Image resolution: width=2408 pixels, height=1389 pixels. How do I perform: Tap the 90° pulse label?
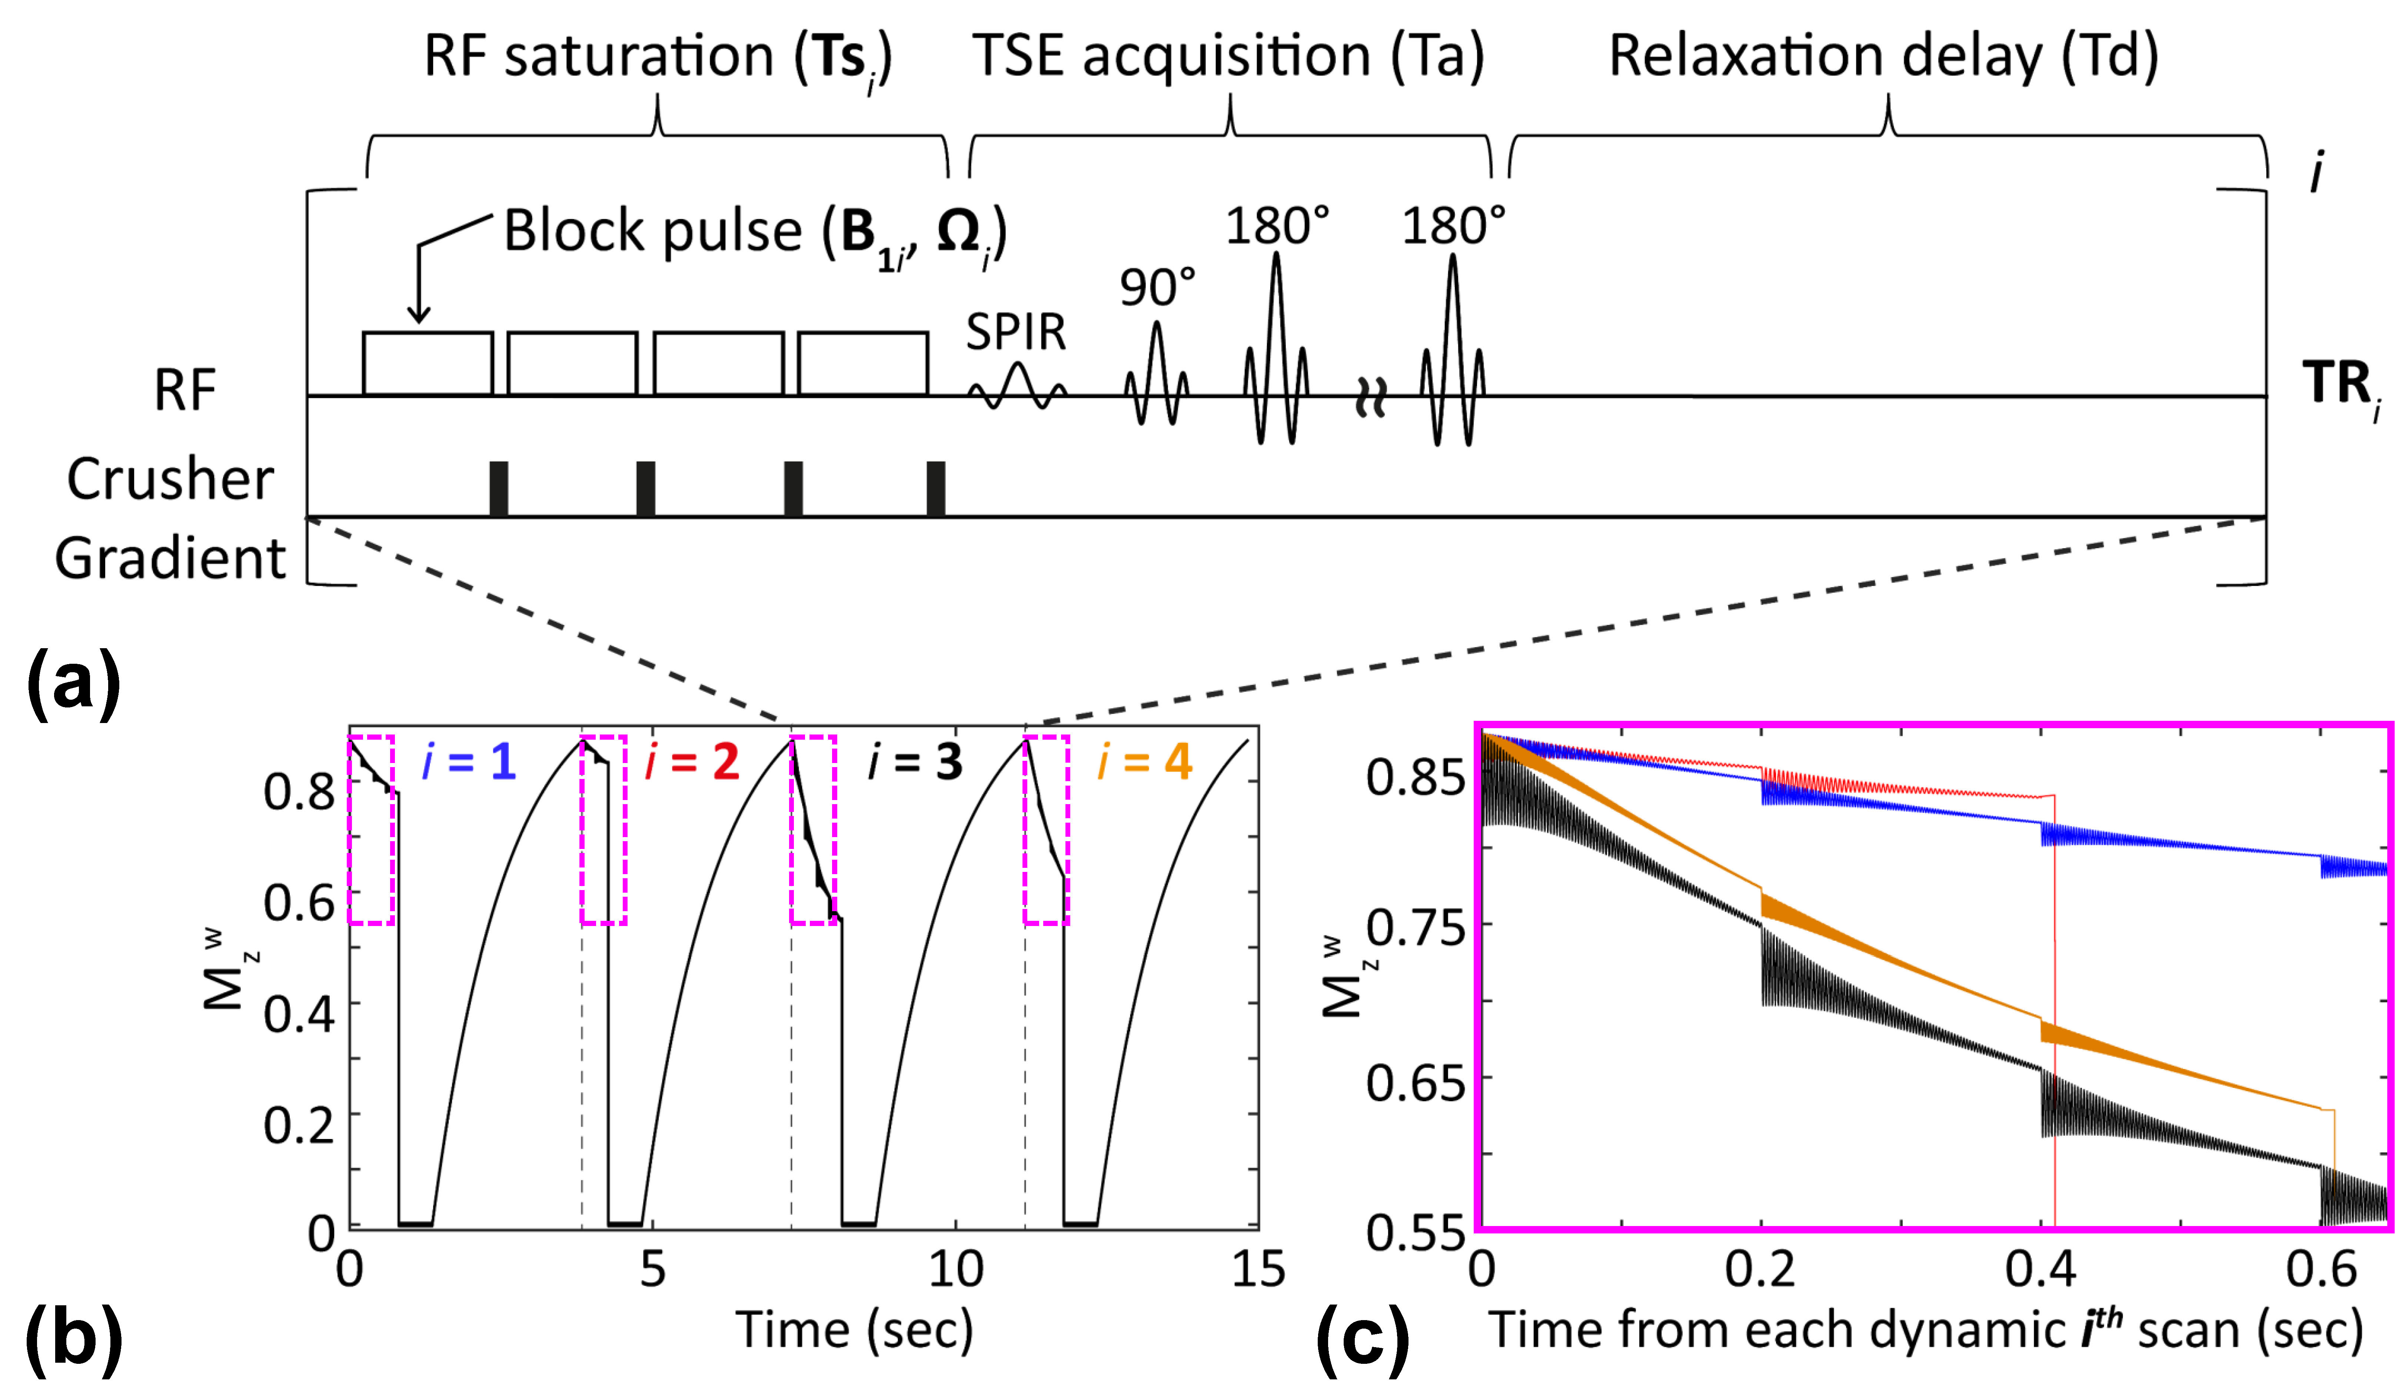(x=1157, y=286)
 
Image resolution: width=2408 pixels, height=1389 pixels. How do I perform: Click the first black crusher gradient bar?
(x=498, y=489)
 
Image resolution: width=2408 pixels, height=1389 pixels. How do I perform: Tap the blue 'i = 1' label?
(x=469, y=762)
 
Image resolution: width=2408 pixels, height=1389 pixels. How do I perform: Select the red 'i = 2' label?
(x=693, y=762)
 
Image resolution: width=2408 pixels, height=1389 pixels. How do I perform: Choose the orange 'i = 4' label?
(x=1145, y=762)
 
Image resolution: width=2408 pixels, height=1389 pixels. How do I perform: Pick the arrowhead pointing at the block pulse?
(x=418, y=315)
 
